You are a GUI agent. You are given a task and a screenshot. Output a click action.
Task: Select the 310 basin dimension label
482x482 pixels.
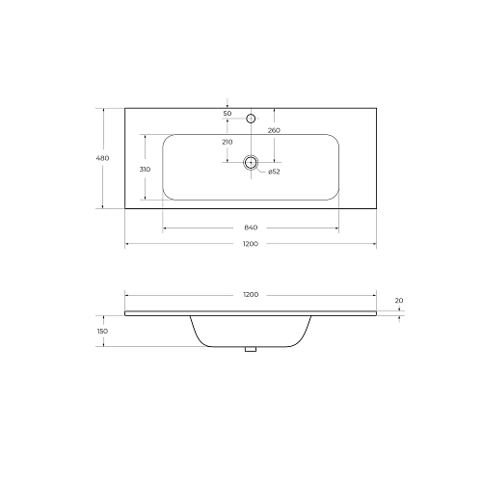click(x=146, y=170)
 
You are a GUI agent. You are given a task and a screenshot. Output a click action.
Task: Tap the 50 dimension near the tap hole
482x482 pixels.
click(x=228, y=114)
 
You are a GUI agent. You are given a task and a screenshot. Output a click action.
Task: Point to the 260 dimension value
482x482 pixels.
click(x=274, y=129)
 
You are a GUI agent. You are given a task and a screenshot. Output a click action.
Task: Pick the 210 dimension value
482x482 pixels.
click(x=228, y=142)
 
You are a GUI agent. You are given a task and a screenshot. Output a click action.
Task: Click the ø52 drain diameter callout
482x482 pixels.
click(x=274, y=172)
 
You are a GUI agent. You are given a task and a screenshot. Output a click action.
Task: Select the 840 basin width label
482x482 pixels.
click(x=251, y=228)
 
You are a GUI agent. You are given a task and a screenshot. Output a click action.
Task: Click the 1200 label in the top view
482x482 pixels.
click(x=251, y=245)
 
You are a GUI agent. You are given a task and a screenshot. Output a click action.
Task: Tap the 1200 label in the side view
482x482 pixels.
click(x=251, y=294)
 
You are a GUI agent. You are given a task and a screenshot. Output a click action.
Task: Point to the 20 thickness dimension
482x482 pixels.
click(x=399, y=301)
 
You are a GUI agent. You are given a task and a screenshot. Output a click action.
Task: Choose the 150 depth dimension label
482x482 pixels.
click(x=102, y=331)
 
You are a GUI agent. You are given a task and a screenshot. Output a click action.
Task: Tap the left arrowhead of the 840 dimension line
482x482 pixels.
click(x=165, y=228)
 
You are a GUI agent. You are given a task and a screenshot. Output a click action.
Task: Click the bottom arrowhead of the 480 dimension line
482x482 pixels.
click(x=104, y=207)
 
